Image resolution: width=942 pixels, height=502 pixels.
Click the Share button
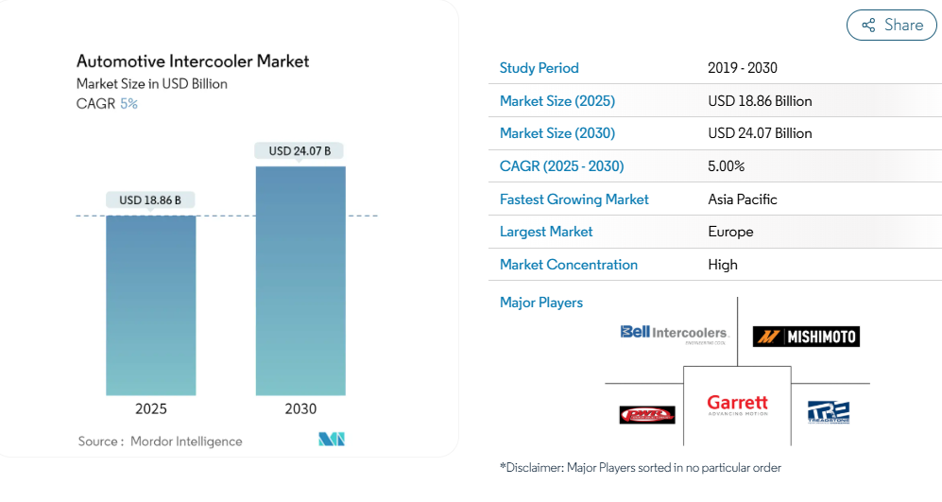pos(891,26)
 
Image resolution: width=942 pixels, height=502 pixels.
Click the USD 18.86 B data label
pos(150,199)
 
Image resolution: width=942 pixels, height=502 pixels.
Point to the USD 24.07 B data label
pos(300,150)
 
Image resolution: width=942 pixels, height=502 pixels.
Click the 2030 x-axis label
pos(300,409)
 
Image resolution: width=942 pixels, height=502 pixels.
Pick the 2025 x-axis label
pos(151,409)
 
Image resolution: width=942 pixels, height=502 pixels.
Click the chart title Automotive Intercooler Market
pos(193,61)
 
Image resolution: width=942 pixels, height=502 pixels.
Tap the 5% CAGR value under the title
pos(128,104)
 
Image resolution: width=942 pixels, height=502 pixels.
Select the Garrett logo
pos(737,406)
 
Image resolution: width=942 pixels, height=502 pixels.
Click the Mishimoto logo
pos(806,336)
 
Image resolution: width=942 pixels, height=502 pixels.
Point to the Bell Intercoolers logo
pos(675,333)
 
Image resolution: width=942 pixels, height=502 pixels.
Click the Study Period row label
pos(539,68)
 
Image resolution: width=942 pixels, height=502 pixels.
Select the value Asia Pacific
pos(743,199)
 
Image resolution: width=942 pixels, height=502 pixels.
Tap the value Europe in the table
pos(730,232)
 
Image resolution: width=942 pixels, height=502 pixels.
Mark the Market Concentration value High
pos(723,265)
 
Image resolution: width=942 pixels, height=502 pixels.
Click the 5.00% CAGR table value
pos(726,166)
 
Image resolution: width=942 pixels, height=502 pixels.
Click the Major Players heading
pos(541,303)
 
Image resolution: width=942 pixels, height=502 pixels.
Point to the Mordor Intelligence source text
pos(186,441)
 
